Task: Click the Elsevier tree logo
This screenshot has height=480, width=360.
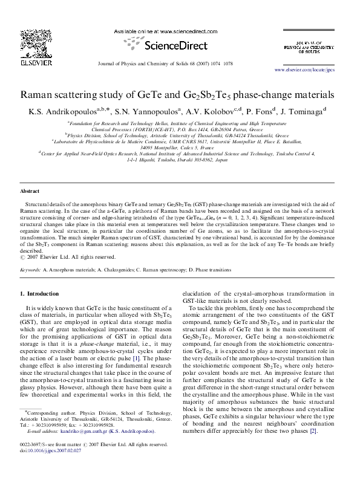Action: pos(36,43)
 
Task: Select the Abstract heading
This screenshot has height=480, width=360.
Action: pos(30,191)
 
